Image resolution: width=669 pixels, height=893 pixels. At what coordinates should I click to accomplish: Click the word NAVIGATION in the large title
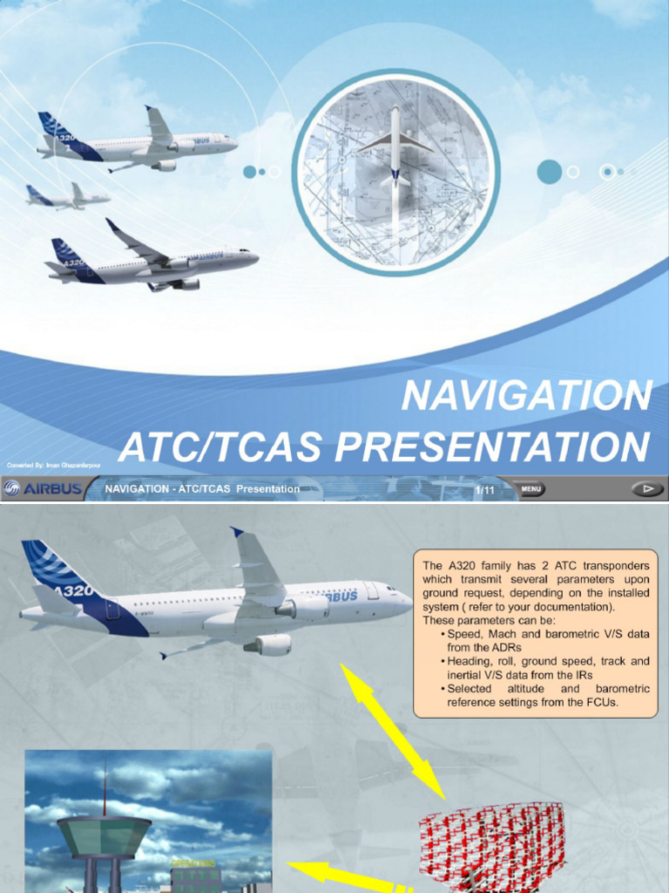coord(526,396)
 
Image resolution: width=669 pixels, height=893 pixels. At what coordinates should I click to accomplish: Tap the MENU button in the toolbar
coord(531,489)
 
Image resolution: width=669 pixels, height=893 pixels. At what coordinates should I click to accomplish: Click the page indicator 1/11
coord(484,490)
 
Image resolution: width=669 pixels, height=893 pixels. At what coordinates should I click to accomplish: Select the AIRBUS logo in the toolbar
coord(44,489)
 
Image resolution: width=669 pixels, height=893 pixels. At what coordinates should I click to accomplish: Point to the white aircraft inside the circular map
coord(395,148)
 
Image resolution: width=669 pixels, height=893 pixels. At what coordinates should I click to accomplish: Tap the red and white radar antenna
coord(491,841)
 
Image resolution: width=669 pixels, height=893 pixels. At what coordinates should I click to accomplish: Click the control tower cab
coord(104,835)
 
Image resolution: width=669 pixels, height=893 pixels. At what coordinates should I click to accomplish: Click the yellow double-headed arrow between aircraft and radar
coord(393,731)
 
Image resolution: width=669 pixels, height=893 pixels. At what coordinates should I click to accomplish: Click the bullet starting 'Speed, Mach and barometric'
coord(549,641)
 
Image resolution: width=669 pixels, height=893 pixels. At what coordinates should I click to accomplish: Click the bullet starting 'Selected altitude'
coord(549,695)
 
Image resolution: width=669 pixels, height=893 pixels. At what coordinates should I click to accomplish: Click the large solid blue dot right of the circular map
coord(549,172)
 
